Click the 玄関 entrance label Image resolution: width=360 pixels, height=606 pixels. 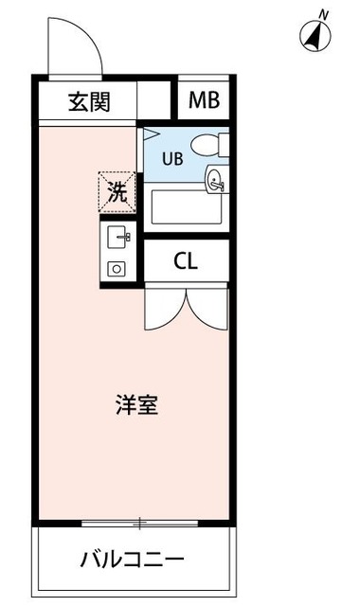coord(89,101)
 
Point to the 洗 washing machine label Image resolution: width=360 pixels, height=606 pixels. coord(117,192)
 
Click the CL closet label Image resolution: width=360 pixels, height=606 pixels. coord(186,261)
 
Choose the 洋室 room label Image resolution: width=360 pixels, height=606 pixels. coord(137,405)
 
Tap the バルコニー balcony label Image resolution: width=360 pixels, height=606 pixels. coord(133,558)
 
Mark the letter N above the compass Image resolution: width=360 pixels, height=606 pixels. coord(324,13)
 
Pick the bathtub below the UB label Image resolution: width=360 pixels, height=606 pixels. coord(185,207)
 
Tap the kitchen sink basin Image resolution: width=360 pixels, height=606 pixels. coord(118,236)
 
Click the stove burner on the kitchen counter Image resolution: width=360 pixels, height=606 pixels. coord(117,268)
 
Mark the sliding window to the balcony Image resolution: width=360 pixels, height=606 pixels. coord(137,522)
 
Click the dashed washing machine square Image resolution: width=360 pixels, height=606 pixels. coord(117,192)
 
